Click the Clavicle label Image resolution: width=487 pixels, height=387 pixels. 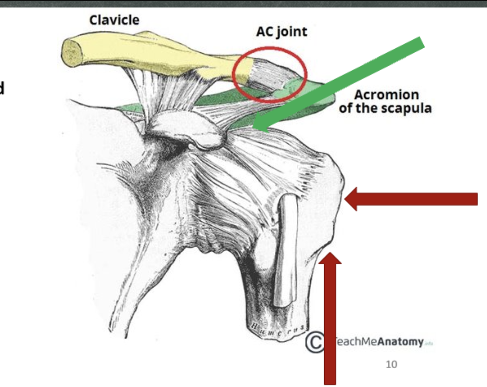[x=114, y=20]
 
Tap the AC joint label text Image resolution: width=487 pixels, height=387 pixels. [x=281, y=32]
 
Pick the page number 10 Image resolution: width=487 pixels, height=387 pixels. [x=392, y=365]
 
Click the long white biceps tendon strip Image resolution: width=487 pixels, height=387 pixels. [x=285, y=249]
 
